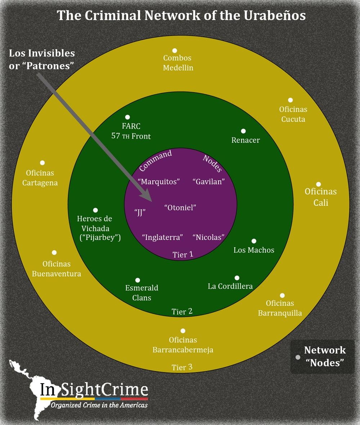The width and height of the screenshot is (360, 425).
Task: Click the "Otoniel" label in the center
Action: [x=180, y=208]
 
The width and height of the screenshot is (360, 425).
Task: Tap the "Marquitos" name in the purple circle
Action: [x=159, y=181]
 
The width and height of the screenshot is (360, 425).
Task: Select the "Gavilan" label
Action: [x=209, y=181]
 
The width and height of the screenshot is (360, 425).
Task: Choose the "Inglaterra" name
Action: [x=162, y=237]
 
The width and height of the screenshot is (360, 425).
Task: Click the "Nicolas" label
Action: [x=209, y=237]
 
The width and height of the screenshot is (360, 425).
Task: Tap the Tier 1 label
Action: [x=183, y=254]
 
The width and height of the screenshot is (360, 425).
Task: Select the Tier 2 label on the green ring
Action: [x=182, y=311]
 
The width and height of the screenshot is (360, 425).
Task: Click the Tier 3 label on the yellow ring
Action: [x=182, y=367]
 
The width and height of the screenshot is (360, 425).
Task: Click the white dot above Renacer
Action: [x=243, y=131]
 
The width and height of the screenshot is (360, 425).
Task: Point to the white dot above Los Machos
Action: [x=254, y=241]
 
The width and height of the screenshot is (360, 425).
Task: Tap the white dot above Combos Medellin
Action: [x=175, y=50]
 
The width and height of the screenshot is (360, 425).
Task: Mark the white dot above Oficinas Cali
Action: [x=319, y=184]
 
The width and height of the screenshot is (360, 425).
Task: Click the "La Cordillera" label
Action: [x=230, y=286]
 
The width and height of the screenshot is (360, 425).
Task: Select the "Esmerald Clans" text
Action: [x=141, y=293]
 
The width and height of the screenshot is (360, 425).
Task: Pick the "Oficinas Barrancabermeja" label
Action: [x=183, y=345]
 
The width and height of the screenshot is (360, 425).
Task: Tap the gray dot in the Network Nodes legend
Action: [x=298, y=357]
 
